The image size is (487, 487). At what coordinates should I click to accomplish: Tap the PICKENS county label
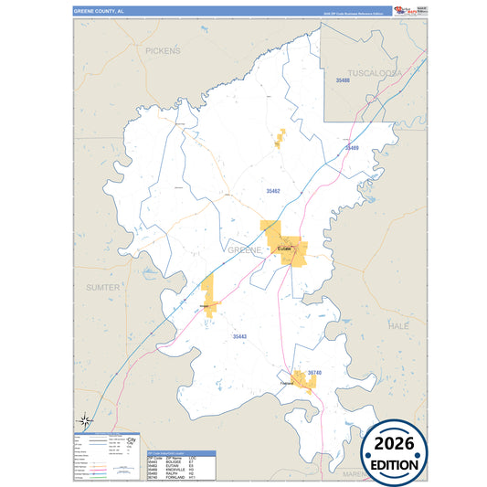(164, 51)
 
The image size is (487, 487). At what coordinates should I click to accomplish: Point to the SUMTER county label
(102, 287)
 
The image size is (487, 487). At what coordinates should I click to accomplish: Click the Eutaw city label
(283, 248)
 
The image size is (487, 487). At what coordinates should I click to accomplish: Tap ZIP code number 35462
(272, 191)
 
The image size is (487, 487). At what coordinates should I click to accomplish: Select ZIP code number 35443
(239, 337)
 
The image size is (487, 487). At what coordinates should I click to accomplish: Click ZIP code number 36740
(314, 373)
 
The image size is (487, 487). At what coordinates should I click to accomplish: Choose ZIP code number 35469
(352, 147)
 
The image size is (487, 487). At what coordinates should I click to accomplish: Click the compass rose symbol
(85, 420)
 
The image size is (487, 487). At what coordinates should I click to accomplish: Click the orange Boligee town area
(207, 297)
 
